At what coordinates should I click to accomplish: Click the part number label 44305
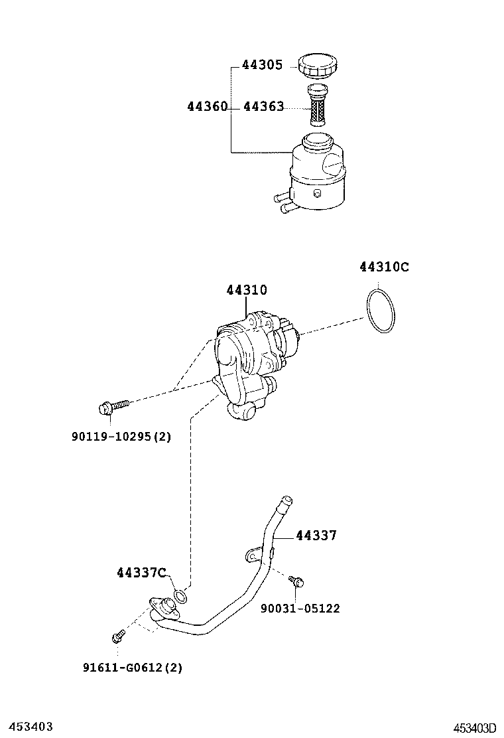[263, 66]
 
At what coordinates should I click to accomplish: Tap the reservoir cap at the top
[318, 66]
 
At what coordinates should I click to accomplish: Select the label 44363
[263, 107]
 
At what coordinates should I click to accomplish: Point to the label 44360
[207, 107]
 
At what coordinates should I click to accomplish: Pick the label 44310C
[384, 267]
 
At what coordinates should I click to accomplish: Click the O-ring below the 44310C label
[381, 311]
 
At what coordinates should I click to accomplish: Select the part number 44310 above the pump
[246, 290]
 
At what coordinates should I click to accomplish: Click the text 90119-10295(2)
[121, 437]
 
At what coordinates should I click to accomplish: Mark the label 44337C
[141, 572]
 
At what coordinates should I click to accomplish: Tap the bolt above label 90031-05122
[296, 582]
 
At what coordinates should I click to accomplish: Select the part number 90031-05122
[300, 609]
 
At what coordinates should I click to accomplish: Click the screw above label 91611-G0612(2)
[118, 637]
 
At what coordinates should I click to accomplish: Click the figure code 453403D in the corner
[475, 728]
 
